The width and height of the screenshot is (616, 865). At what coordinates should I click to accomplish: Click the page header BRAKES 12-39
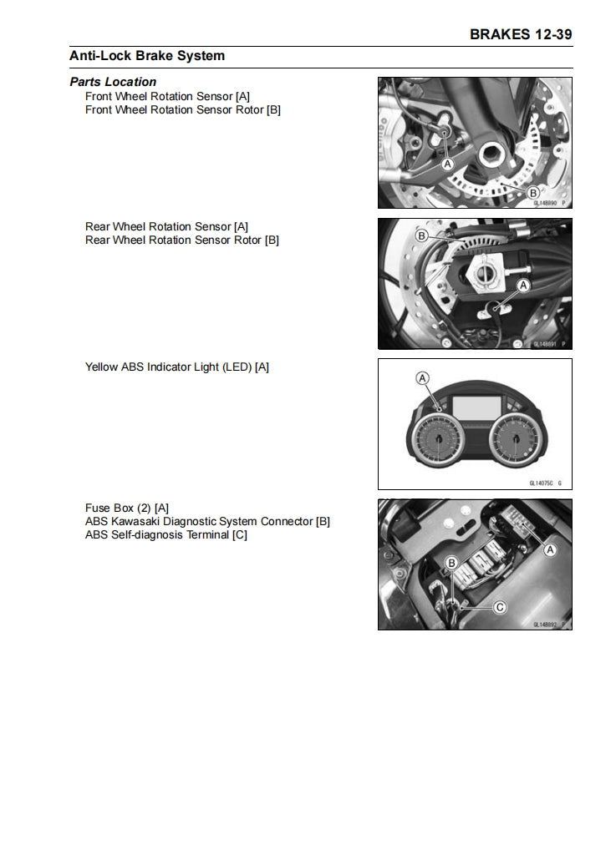521,34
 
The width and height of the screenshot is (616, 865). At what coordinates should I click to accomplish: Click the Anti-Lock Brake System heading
147,56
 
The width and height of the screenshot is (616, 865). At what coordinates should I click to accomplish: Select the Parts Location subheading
113,82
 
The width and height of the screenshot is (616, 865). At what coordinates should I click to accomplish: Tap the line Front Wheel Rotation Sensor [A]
167,96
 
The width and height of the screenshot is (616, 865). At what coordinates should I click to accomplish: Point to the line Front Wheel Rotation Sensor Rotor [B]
182,109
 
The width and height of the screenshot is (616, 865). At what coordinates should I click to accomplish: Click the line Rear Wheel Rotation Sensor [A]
166,226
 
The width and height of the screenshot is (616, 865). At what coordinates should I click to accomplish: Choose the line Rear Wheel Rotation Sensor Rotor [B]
182,240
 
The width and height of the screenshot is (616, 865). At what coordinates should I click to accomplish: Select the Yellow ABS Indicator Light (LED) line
176,367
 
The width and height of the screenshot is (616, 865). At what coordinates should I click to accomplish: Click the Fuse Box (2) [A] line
127,508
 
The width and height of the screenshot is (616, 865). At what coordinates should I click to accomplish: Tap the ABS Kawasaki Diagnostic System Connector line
207,521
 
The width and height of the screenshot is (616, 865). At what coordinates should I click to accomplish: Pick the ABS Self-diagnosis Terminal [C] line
165,534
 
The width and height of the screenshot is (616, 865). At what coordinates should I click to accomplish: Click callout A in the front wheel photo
447,164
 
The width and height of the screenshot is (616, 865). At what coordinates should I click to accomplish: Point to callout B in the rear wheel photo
421,236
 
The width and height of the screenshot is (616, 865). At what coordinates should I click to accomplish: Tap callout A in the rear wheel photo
525,286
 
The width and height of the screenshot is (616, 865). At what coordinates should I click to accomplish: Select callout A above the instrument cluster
423,378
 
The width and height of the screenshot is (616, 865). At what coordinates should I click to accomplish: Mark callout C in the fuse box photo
500,607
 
